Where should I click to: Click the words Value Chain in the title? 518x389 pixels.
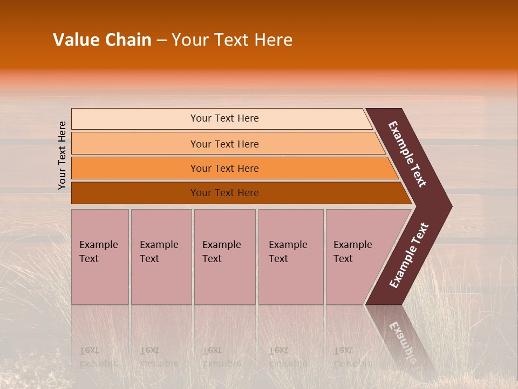[x=102, y=40]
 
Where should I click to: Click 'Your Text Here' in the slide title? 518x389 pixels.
[x=232, y=40]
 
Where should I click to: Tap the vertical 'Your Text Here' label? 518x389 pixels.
[x=62, y=155]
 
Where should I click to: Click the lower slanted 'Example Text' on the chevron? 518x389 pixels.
[x=409, y=255]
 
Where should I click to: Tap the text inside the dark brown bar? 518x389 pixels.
[x=224, y=193]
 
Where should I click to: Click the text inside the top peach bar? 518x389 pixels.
[x=224, y=118]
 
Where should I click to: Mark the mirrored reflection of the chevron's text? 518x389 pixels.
[x=401, y=340]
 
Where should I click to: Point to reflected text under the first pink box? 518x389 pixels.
[x=98, y=357]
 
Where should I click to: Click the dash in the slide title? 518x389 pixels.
[x=161, y=41]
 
